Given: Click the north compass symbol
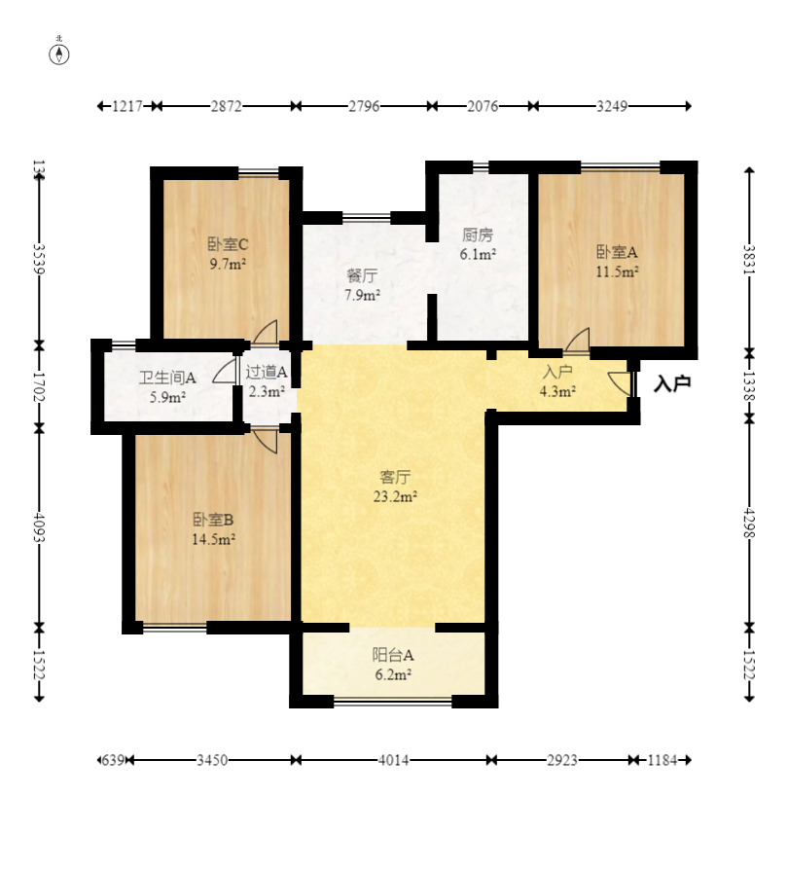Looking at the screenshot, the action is pos(59,54).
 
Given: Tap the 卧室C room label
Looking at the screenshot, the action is pos(228,244).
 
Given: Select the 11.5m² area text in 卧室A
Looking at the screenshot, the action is pos(618,272).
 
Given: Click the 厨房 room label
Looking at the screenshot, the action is pos(478,235).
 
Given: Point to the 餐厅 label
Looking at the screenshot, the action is pos(363,275).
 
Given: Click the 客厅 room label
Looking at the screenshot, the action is pos(395,477).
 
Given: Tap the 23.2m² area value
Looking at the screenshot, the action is pos(395,496).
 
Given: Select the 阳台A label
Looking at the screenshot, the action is pos(393,655).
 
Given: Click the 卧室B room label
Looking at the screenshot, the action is pos(213,520).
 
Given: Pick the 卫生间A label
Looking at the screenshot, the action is pos(167,378).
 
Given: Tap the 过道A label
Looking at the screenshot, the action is pos(267,372).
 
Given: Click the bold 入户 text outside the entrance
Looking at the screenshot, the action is pos(672,383).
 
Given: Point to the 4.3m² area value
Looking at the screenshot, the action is pos(557,391).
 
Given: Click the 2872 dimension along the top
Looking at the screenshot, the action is pos(226,106).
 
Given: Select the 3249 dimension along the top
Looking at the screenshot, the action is pos(612,106).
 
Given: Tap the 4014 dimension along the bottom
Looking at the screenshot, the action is pos(393,760).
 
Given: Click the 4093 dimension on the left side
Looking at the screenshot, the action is pos(39,527).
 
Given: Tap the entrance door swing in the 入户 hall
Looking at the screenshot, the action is pos(620,383).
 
